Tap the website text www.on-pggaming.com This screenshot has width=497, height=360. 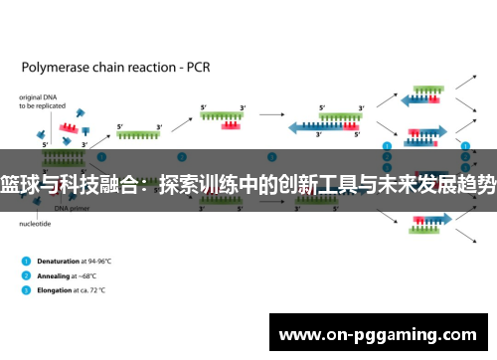point(381,332)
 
